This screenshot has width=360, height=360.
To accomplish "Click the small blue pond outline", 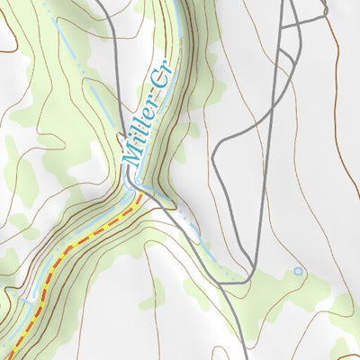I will [x=298, y=270].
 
